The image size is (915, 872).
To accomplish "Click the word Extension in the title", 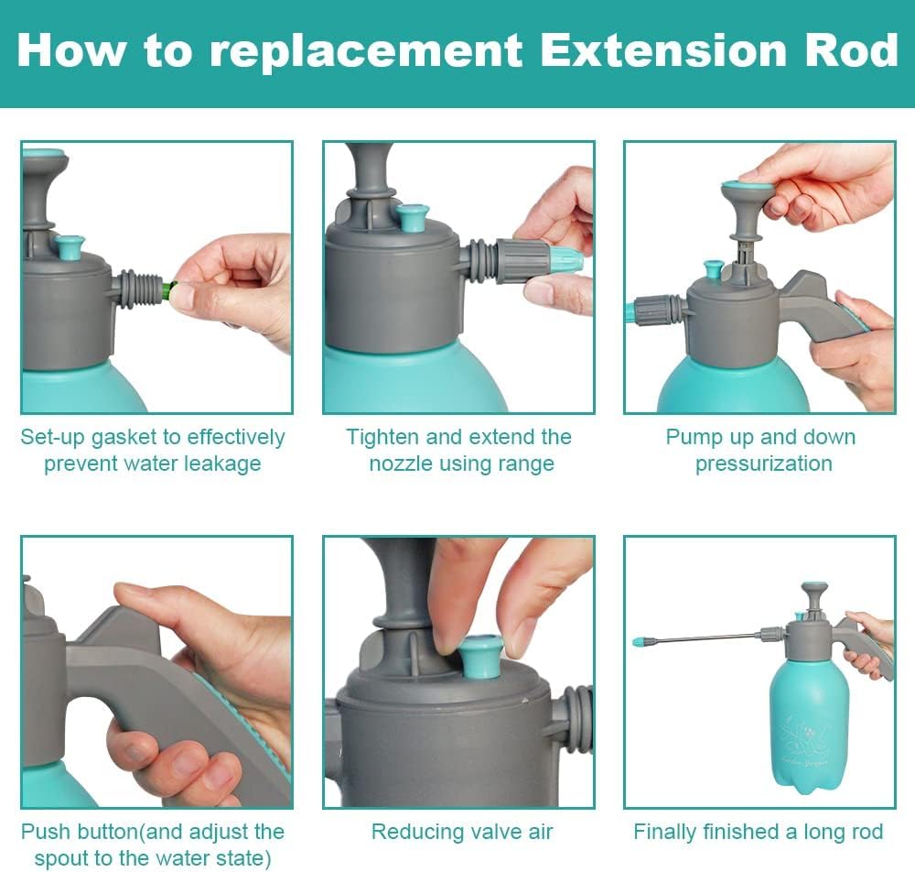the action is pyautogui.click(x=664, y=50).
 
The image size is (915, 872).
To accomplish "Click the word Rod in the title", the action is pyautogui.click(x=851, y=50).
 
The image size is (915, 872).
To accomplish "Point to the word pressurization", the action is pyautogui.click(x=764, y=463).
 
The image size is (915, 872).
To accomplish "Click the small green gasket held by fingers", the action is pyautogui.click(x=168, y=290).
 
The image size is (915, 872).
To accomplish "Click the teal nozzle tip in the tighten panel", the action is pyautogui.click(x=565, y=261).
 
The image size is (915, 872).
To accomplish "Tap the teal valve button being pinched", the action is pyautogui.click(x=481, y=657).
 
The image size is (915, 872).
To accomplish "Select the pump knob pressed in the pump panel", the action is pyautogui.click(x=746, y=192).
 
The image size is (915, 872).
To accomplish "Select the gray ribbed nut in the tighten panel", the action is pyautogui.click(x=522, y=261).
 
